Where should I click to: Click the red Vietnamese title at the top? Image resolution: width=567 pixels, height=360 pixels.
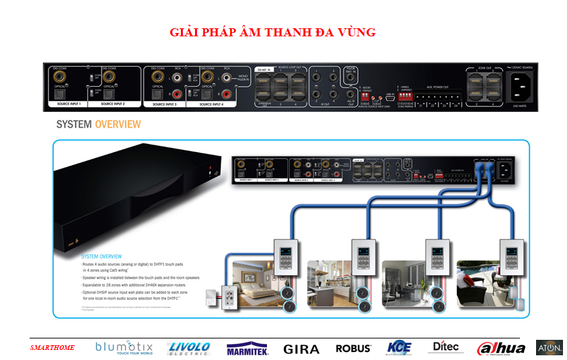[x=272, y=32]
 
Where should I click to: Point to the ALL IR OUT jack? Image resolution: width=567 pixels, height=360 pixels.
[x=350, y=96]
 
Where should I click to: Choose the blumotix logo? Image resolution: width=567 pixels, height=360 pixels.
[x=124, y=348]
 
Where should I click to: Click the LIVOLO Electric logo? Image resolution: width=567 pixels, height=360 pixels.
[x=189, y=348]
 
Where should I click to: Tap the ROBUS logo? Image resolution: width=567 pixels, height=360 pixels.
[x=353, y=349]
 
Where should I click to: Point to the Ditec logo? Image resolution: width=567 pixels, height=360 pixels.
[x=445, y=347]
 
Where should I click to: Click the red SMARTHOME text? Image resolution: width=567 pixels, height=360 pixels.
[x=52, y=348]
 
